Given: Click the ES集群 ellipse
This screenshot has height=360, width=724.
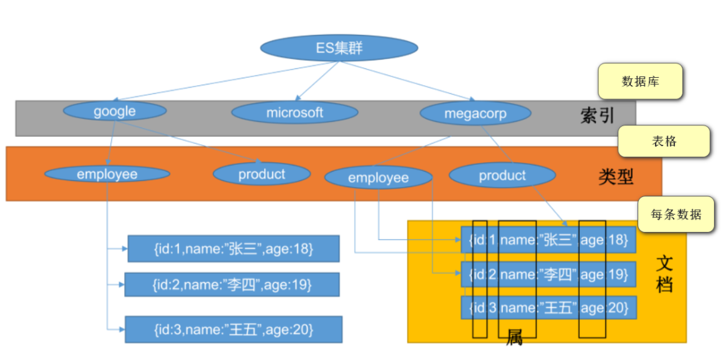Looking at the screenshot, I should pos(339,48).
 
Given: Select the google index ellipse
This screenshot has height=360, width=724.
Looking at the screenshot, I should pos(115,111).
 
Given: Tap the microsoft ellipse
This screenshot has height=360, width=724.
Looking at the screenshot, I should pos(294,113).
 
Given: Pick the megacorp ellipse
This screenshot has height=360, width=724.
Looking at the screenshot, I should pos(475,113).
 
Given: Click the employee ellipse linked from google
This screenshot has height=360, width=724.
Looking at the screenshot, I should pos(107,174).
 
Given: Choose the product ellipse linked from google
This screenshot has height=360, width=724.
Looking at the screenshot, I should pos(261,174).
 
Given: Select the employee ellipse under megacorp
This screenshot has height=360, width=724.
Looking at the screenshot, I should pos(378,178).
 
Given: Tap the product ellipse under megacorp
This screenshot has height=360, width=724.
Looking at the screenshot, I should pos(502,176).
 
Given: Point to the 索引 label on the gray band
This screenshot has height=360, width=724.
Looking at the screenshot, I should pos(597,115).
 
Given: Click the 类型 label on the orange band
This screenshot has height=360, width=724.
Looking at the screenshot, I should pos(616,177).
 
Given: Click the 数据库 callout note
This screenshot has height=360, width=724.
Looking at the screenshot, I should pos(640,82).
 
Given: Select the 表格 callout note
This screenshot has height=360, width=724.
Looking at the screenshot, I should pos(664,141).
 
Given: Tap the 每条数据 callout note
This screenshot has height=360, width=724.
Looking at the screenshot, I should pos(676,215).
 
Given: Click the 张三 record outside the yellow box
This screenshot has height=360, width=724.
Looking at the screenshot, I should pos(233,249).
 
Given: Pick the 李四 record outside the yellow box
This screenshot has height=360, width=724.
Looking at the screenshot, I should pos(231,284).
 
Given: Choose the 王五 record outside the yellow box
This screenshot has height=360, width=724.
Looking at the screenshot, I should pos(233,329).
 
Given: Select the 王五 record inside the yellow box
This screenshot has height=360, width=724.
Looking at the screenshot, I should pos(548,308).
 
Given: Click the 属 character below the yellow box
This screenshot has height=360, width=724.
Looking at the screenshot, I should pos(514,337).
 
